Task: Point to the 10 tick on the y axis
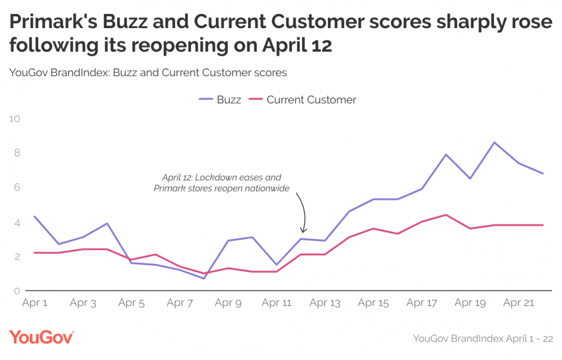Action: [15, 119]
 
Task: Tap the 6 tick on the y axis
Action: [16, 187]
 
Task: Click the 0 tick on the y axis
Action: [16, 291]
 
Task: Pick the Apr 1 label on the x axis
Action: [35, 303]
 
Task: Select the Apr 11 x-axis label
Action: [276, 303]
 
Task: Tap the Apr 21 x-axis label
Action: [519, 303]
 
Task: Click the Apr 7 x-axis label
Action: [180, 303]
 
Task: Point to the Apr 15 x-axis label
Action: [373, 303]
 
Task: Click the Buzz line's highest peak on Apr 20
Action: [495, 142]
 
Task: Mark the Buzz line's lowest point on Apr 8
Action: [204, 279]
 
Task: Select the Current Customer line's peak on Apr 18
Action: [446, 215]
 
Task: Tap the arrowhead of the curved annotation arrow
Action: [304, 232]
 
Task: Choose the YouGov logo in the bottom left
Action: [41, 338]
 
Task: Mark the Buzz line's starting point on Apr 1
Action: [35, 217]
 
